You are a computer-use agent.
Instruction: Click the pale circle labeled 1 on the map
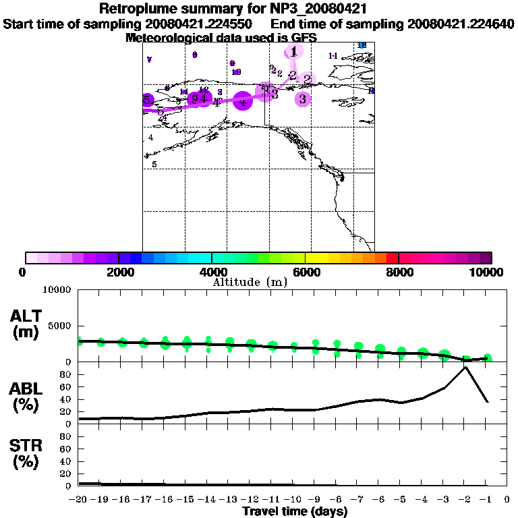293,51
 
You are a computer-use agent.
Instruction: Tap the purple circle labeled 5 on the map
147,100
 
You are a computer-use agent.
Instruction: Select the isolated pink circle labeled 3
303,99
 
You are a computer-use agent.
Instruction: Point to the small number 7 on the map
149,60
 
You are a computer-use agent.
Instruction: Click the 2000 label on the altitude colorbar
118,272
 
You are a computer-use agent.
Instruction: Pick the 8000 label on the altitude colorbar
399,272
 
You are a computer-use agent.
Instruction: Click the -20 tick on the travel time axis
80,499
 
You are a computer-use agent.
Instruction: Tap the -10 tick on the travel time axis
293,499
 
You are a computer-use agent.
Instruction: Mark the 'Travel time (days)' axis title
295,511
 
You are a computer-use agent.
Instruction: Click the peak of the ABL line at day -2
465,367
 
